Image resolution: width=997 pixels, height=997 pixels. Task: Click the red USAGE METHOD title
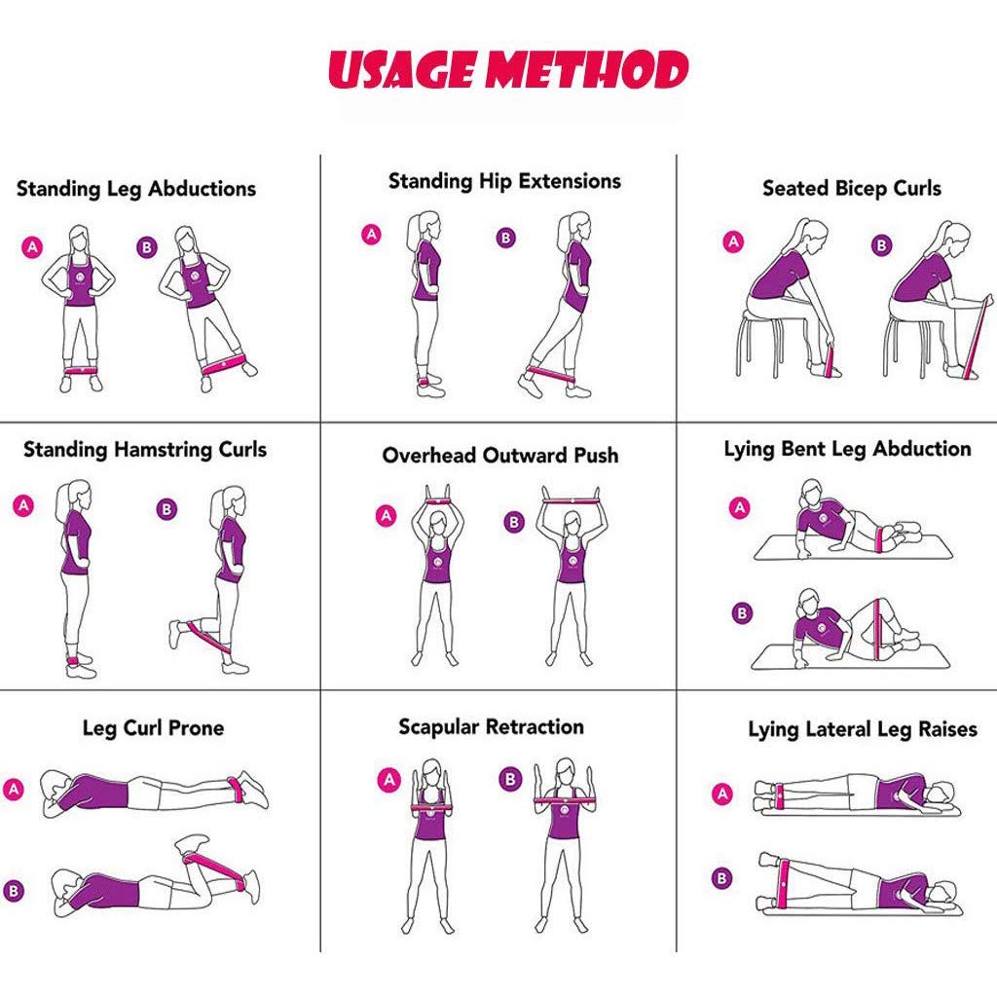coord(508,69)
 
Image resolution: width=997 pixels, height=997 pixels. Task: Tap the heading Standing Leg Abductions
coord(136,189)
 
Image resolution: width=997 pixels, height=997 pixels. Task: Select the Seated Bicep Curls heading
coord(851,188)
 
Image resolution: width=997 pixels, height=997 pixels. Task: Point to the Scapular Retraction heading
coord(491,726)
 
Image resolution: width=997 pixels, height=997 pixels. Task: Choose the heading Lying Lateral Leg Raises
coord(863,729)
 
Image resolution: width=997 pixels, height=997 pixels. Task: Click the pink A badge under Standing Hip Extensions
coord(371,235)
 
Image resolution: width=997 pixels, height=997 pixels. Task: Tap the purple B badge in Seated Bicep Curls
coord(881,244)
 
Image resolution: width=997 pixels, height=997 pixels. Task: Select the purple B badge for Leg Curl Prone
coord(14,890)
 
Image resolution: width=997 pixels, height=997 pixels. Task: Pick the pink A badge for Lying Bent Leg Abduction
coord(739,507)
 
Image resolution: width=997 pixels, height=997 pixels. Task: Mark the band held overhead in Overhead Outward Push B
coord(571,501)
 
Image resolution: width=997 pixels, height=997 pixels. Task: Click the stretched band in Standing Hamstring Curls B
coord(208,638)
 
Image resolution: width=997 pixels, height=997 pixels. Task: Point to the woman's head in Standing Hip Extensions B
coord(576,226)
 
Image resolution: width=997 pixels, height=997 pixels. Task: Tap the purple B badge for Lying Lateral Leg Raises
coord(721,878)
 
